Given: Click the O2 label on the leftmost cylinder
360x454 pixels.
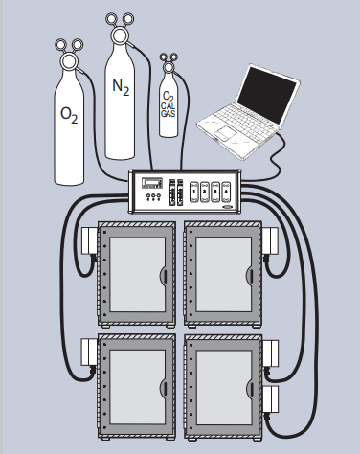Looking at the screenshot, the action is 69,115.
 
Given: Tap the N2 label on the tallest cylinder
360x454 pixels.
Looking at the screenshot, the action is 121,87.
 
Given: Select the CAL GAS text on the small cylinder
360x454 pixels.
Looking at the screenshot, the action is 169,110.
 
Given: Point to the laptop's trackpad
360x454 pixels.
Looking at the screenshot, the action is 225,133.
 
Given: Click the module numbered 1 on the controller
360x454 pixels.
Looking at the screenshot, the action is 194,192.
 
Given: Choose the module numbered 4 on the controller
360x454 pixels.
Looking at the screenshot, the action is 226,192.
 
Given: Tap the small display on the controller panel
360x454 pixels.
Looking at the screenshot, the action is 152,183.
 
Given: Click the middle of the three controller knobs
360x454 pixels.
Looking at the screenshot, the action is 153,197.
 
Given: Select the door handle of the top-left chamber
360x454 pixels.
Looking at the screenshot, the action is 164,275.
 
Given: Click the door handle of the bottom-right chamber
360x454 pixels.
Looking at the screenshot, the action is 250,389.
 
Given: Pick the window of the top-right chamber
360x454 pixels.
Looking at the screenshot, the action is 224,274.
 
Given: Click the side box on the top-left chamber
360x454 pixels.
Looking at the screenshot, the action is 90,240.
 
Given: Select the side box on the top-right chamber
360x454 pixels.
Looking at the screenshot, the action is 270,240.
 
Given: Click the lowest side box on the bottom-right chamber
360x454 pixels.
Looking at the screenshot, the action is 270,399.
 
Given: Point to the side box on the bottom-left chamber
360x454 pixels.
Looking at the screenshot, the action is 89,352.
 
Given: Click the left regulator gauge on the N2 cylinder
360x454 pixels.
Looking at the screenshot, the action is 112,19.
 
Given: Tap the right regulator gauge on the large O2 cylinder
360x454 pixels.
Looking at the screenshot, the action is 77,45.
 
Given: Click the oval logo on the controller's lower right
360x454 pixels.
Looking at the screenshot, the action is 228,207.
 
